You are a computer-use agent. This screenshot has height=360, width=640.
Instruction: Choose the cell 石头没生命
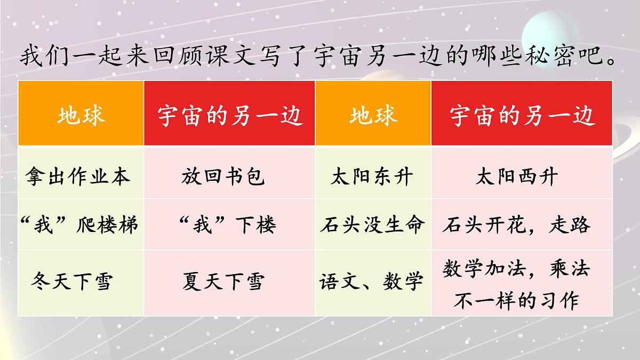click(x=372, y=225)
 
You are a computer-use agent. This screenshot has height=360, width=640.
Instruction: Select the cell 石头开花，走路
click(x=516, y=225)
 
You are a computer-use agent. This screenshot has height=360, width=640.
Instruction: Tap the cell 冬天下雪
click(x=73, y=281)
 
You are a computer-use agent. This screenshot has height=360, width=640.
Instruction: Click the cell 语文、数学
click(x=372, y=281)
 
